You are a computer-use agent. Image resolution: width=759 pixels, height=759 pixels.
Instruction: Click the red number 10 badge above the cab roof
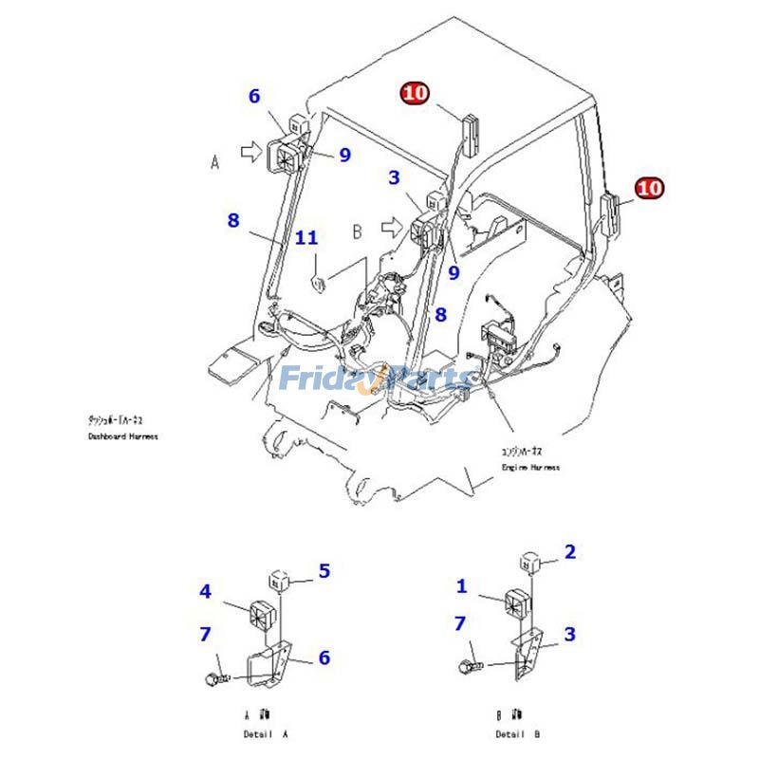(416, 93)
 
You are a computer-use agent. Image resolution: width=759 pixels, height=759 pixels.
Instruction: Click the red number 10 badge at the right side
(650, 188)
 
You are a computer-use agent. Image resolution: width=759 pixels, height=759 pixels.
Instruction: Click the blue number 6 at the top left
(254, 96)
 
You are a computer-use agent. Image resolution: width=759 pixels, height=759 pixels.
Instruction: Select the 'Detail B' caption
(519, 734)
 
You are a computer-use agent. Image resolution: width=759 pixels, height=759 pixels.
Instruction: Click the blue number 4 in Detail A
(205, 592)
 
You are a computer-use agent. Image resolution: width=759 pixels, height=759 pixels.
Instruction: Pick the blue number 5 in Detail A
(324, 571)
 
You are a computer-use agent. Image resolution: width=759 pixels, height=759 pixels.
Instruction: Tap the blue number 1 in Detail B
(462, 586)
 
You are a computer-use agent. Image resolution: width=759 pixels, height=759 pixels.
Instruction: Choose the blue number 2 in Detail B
(570, 552)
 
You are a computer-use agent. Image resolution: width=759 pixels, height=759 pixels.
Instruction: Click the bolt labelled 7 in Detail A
(215, 677)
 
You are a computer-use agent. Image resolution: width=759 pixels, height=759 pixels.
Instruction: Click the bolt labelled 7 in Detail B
(472, 667)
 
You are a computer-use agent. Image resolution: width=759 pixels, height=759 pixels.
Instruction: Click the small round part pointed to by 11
(320, 280)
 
